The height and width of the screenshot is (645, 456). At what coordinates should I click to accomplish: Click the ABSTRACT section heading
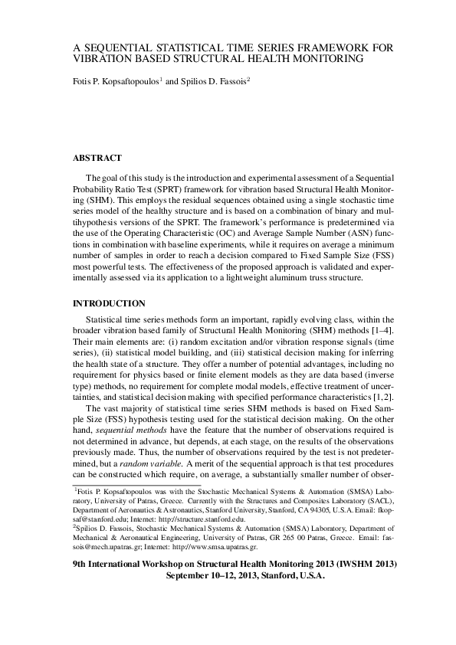[x=97, y=159]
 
